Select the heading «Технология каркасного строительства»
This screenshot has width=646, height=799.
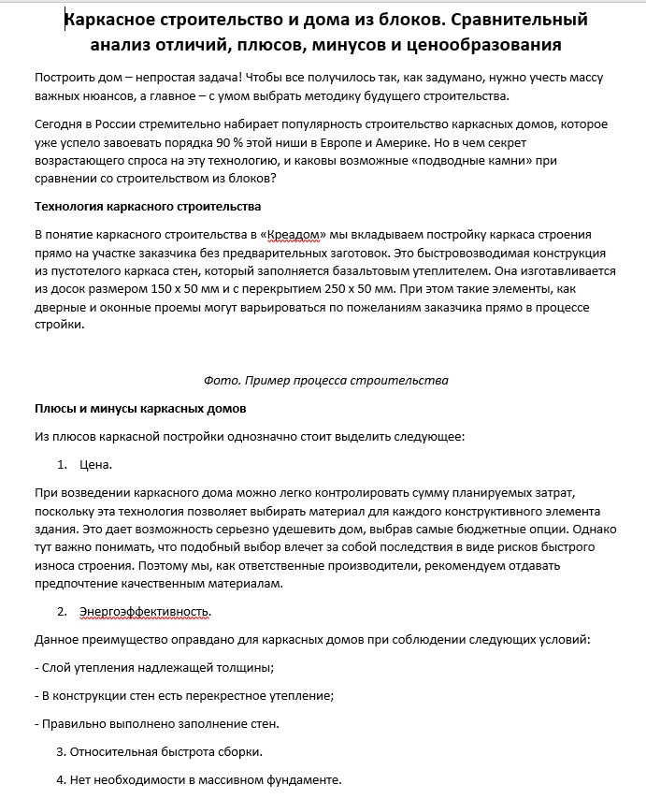tap(148, 206)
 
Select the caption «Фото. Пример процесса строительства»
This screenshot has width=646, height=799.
tap(325, 381)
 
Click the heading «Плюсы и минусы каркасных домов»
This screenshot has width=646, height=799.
tap(140, 409)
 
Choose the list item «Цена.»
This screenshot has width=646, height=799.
tap(96, 464)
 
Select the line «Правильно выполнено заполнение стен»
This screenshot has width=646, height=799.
tap(160, 724)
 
